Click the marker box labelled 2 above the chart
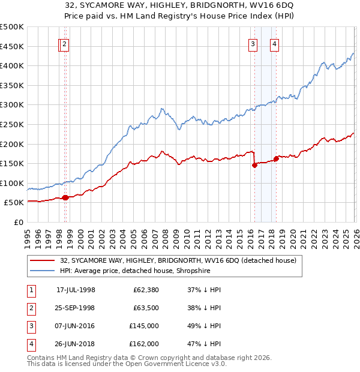(64, 44)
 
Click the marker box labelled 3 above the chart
(253, 44)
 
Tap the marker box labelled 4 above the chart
(274, 44)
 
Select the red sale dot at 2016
(254, 165)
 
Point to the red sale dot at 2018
(276, 159)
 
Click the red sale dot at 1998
(65, 197)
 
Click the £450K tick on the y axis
(13, 46)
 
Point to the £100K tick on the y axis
(13, 183)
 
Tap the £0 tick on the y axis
(20, 223)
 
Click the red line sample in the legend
(42, 261)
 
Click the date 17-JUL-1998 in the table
(76, 290)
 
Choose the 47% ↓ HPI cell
(205, 344)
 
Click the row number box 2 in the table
(31, 308)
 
